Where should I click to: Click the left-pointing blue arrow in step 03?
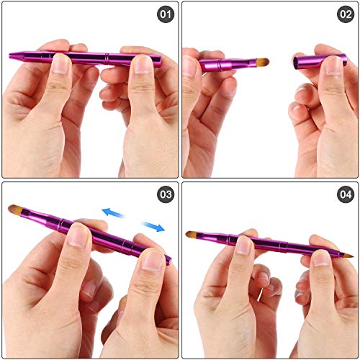coord(112,212)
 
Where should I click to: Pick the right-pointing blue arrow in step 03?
coord(153,227)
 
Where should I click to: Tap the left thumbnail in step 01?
coord(60,65)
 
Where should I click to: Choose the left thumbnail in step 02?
coord(190,66)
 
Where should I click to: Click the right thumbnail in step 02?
coord(332,66)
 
